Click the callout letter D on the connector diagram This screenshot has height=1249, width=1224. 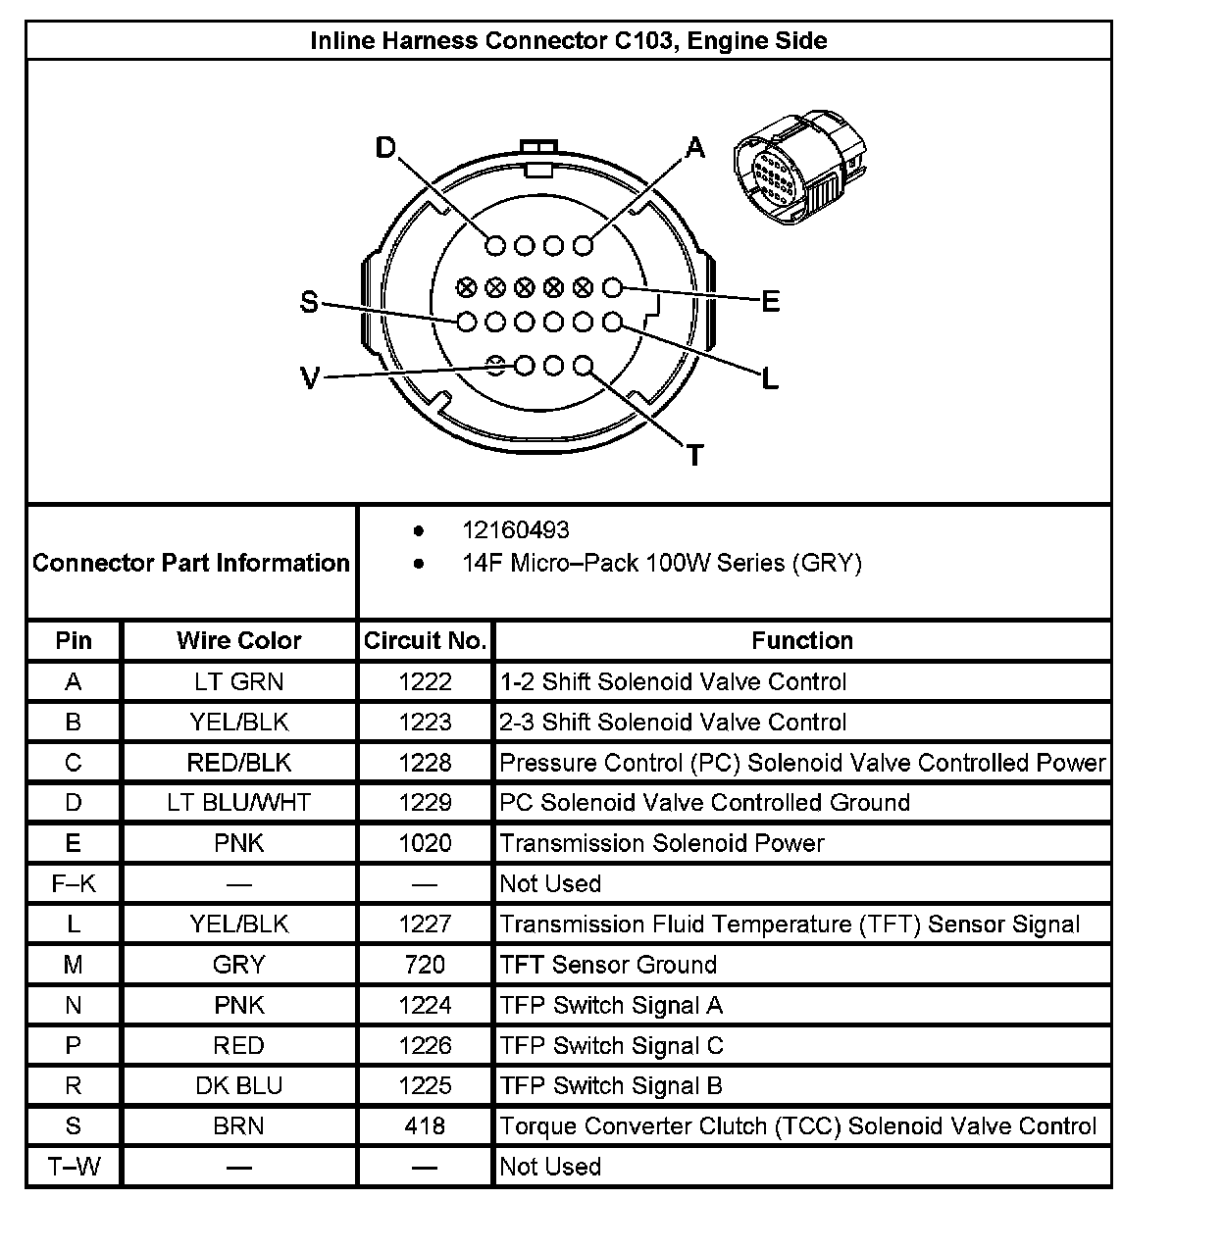pos(386,148)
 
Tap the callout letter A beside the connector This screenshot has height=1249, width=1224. pos(695,148)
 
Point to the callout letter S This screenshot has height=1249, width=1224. pos(309,303)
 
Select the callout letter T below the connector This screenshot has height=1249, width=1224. pos(695,456)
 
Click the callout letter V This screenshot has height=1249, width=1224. pos(310,378)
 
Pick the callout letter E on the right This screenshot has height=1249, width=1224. pos(771,302)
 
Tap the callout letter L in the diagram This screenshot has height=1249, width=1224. pos(770,378)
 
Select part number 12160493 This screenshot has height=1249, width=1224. pos(515,530)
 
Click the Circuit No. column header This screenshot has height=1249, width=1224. pos(425,641)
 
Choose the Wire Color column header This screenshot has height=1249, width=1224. pos(238,641)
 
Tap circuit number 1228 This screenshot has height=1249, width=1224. pos(425,763)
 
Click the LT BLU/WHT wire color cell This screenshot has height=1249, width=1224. pos(238,803)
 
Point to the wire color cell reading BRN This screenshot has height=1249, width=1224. pos(238,1126)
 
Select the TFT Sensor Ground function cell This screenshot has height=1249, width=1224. pos(608,965)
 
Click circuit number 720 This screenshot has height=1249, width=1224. pos(425,965)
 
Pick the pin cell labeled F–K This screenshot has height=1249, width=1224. pos(74,884)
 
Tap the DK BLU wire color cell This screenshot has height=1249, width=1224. pos(238,1086)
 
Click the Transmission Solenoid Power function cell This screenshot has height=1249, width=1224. pos(662,843)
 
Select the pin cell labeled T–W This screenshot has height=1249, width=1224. pos(74,1167)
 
